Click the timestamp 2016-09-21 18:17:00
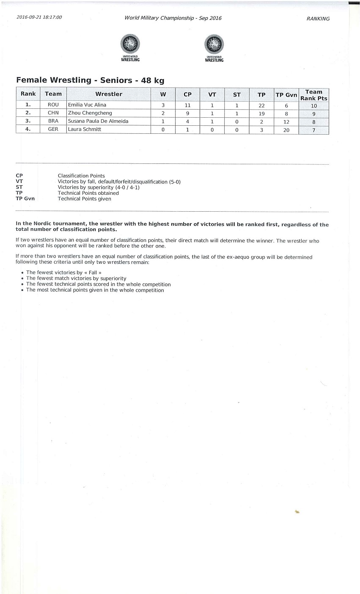coord(39,17)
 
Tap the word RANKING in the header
coord(318,19)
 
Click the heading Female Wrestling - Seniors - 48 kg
coord(90,80)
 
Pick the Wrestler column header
coord(109,94)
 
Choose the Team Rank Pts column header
coord(313,95)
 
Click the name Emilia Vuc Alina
coord(87,105)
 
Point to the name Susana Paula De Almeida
coord(98,121)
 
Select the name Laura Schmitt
coord(85,129)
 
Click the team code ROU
coord(53,105)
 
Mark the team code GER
coord(53,129)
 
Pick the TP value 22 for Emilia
coord(261,105)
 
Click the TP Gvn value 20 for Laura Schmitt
coord(286,130)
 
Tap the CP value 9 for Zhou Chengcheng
coord(187,113)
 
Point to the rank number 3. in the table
coord(28,121)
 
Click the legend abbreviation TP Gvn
coord(25,199)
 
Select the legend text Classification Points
coord(81,176)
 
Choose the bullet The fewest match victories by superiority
coord(76,279)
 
